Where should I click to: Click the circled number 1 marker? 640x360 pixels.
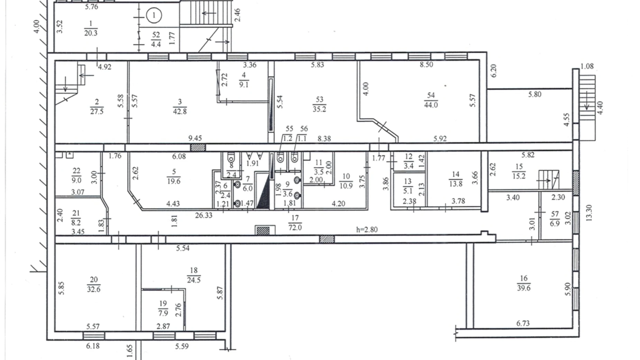tap(154, 15)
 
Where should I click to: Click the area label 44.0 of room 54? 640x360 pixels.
tap(431, 105)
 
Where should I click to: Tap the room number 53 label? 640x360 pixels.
tap(319, 100)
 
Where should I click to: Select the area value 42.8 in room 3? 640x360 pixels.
tap(180, 111)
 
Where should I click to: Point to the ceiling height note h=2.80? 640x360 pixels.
tap(367, 229)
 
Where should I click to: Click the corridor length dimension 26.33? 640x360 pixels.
tap(204, 215)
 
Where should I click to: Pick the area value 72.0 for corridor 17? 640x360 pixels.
tap(295, 227)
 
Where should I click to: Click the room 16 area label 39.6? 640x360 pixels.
tap(524, 288)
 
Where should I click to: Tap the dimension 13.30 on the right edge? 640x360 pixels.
tap(589, 213)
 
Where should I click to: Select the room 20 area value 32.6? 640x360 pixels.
tap(94, 289)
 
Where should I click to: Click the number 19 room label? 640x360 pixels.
tap(163, 304)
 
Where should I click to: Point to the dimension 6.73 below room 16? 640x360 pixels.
tap(523, 323)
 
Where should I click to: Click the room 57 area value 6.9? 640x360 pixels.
tap(555, 223)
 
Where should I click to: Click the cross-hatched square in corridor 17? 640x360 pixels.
tap(263, 231)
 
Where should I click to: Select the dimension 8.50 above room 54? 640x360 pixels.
tap(427, 64)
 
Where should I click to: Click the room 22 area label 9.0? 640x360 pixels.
tap(76, 180)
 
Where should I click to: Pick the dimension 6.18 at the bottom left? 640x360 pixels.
tap(93, 346)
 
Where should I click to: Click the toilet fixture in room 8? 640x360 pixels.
tap(231, 158)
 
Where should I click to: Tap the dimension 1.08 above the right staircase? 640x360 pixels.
tap(587, 66)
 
